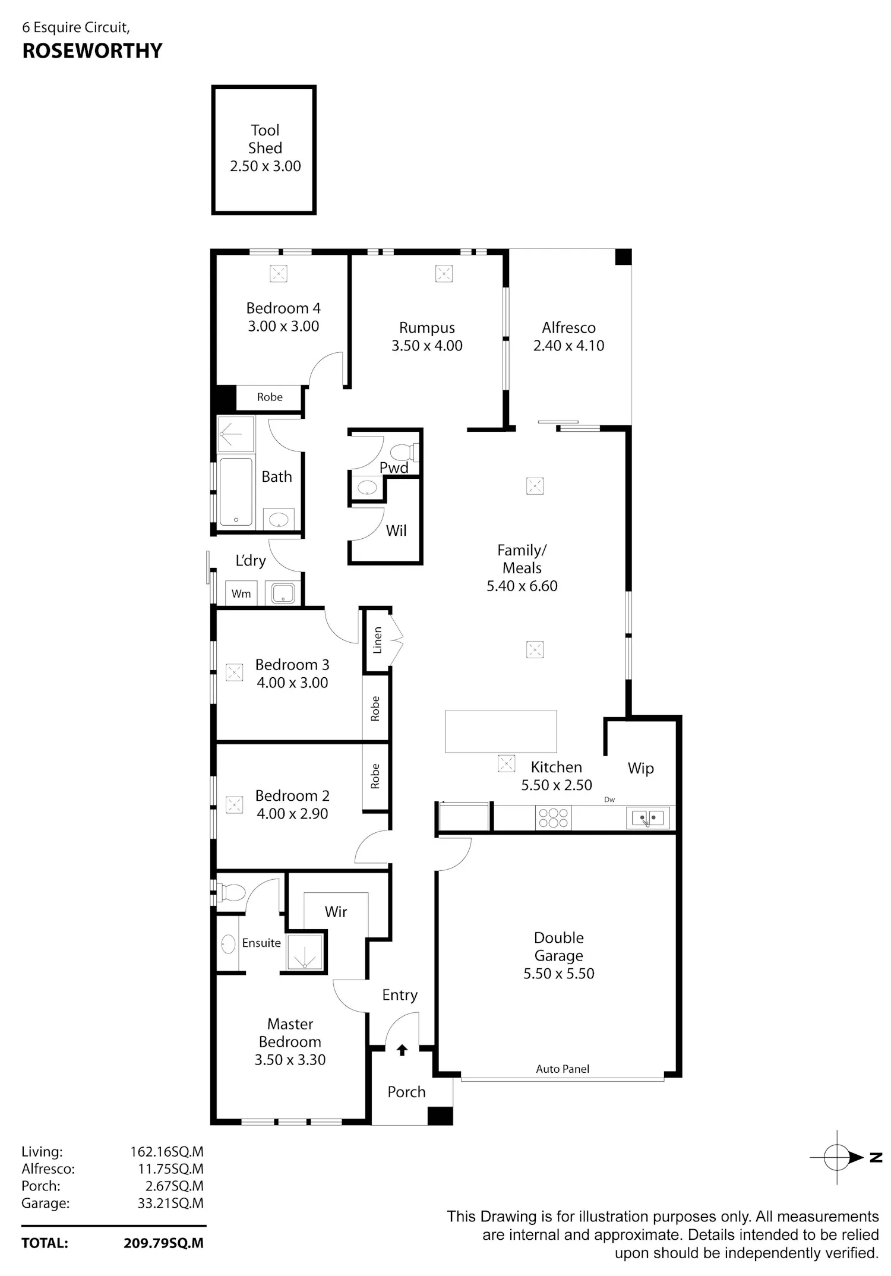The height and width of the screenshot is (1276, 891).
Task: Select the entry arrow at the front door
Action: click(x=402, y=1050)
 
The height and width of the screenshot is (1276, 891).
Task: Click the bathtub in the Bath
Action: click(x=236, y=492)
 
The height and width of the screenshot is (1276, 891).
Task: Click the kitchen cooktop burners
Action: click(x=553, y=817)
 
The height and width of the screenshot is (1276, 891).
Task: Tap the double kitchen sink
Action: click(x=647, y=818)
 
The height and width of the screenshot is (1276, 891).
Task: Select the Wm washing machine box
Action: click(x=241, y=593)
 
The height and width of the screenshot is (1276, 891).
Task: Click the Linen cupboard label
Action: click(x=377, y=640)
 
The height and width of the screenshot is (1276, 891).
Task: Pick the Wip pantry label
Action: click(x=640, y=768)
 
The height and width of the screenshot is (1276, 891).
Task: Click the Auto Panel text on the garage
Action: click(x=563, y=1069)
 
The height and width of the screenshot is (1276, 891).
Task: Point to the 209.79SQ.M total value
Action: click(x=163, y=1243)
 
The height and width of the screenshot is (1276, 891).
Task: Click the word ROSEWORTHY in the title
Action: click(x=92, y=51)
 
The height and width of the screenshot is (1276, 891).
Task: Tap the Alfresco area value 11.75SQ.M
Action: click(x=170, y=1168)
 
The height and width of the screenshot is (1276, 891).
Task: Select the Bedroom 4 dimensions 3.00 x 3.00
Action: click(x=283, y=326)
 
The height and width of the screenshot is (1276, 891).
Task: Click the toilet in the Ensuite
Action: click(x=232, y=892)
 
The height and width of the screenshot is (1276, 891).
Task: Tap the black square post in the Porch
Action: click(x=440, y=1116)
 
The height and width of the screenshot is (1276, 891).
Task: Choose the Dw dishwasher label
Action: click(x=609, y=800)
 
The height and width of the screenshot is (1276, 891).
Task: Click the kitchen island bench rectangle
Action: click(x=501, y=731)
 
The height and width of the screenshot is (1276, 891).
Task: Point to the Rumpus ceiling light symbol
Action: click(x=444, y=274)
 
